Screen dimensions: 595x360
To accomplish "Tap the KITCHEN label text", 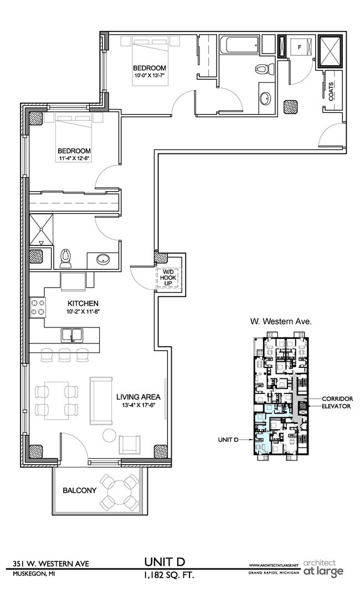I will (83, 303).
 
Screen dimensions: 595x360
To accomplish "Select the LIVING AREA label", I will (138, 397).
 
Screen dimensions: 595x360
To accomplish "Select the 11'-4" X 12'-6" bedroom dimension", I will (75, 158).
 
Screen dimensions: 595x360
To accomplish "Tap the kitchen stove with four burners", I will (38, 308).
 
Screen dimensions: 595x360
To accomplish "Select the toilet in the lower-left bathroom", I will (66, 257).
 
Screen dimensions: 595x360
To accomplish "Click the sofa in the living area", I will (101, 399).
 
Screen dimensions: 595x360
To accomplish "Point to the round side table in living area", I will (108, 436).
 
